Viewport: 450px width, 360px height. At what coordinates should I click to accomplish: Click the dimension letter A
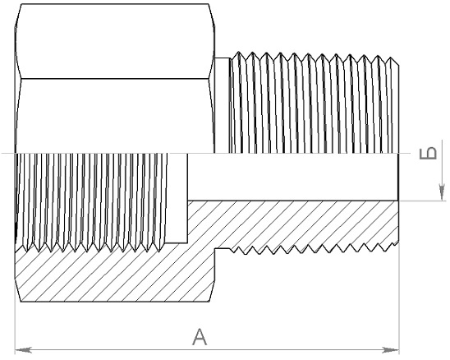[x=200, y=337]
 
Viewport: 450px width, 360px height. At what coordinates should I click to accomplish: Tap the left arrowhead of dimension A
[x=24, y=350]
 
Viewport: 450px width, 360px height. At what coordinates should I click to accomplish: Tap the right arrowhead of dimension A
[x=391, y=350]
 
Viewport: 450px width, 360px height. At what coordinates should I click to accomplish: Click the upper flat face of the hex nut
[x=115, y=41]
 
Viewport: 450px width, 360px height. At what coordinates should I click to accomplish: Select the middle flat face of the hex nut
[x=115, y=116]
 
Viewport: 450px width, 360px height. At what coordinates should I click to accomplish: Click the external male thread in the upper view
[x=315, y=103]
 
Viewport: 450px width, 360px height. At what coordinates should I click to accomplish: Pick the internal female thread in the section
[x=91, y=202]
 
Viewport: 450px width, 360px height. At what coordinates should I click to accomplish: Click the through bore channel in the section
[x=292, y=177]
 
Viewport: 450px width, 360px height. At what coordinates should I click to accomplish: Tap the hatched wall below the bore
[x=292, y=224]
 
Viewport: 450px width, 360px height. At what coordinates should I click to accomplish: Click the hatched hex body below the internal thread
[x=115, y=276]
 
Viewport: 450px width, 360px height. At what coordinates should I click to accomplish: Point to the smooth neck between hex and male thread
[x=223, y=105]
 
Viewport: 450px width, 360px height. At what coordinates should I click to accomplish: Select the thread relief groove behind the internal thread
[x=177, y=197]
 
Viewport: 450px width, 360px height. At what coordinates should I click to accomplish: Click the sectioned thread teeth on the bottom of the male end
[x=315, y=249]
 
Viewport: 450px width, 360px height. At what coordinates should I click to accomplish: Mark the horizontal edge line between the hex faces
[x=115, y=78]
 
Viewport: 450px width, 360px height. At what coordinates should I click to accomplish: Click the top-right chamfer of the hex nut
[x=212, y=16]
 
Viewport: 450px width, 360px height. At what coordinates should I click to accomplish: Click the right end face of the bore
[x=398, y=177]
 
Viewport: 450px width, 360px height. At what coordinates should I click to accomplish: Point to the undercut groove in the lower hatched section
[x=223, y=250]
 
